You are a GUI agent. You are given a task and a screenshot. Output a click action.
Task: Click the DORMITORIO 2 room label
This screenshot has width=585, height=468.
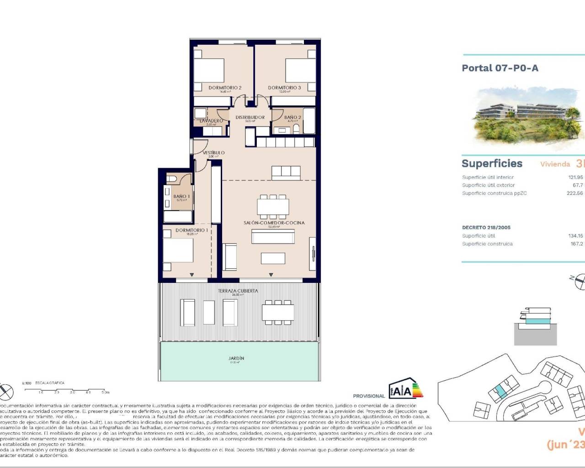click(x=225, y=88)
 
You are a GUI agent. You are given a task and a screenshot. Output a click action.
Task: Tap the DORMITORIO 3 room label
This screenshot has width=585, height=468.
click(x=284, y=88)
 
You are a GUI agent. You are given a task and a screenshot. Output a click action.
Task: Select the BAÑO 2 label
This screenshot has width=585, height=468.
click(x=292, y=117)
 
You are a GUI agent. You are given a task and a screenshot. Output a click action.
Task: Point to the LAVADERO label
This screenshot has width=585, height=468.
click(x=211, y=121)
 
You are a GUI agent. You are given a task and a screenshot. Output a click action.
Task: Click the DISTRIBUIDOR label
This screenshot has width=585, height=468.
click(x=250, y=117)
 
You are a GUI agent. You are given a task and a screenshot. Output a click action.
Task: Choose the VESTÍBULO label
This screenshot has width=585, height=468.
click(x=213, y=153)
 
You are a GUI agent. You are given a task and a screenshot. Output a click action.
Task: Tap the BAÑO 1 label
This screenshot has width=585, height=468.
click(x=181, y=197)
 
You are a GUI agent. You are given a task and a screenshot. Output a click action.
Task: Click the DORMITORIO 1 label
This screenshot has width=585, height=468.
click(x=191, y=230)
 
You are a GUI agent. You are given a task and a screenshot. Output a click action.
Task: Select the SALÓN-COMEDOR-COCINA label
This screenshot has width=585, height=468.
click(x=274, y=223)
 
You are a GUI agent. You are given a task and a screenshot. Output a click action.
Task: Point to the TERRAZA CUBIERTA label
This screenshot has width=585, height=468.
click(x=238, y=291)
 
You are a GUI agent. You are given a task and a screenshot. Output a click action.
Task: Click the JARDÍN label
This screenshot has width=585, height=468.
click(x=236, y=358)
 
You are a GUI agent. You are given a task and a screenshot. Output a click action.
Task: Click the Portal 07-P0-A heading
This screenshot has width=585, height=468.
click(x=500, y=68)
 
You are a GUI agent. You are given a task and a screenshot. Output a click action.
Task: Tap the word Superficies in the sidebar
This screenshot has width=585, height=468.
click(x=492, y=164)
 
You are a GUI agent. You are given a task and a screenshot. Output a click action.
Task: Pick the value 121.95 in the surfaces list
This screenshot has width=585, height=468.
click(x=575, y=177)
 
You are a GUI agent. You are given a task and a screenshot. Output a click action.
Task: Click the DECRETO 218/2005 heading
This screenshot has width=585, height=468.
click(x=486, y=227)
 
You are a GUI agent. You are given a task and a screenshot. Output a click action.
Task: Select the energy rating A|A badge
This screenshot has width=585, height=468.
click(x=405, y=389)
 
